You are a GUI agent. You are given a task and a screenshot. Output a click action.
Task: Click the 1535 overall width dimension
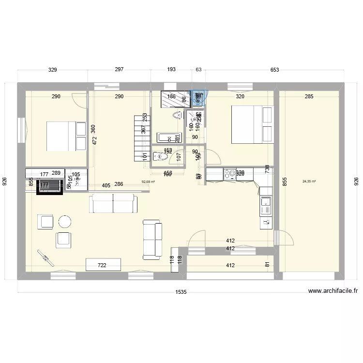click(181, 292)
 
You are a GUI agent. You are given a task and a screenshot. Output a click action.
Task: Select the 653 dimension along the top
click(274, 70)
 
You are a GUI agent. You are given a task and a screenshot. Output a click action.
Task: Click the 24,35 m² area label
click(309, 181)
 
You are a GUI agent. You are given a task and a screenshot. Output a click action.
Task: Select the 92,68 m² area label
click(148, 182)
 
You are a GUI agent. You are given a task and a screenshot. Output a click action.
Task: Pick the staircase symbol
click(140, 138)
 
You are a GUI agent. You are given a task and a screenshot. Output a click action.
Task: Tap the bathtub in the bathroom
click(169, 137)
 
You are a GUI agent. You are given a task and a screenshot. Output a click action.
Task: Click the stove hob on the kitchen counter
click(229, 173)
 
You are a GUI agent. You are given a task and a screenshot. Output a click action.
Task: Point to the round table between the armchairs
click(64, 222)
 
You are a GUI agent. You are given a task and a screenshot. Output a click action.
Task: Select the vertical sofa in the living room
click(152, 239)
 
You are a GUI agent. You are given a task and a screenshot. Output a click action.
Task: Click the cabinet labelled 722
click(103, 265)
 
